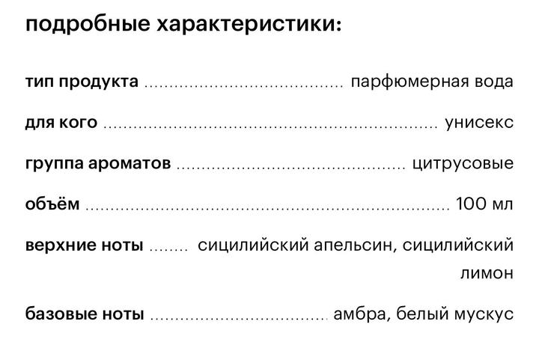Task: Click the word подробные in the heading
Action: click(x=88, y=25)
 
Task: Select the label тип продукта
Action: click(x=82, y=82)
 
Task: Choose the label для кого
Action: click(x=61, y=123)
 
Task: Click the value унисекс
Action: click(x=479, y=122)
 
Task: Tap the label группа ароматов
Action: click(x=98, y=163)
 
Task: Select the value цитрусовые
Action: click(x=463, y=163)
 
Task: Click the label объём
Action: click(x=52, y=204)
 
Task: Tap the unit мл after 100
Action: click(x=502, y=205)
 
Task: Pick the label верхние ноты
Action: click(x=84, y=245)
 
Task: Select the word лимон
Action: click(x=487, y=273)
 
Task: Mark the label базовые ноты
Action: click(x=85, y=314)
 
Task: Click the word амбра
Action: click(x=362, y=314)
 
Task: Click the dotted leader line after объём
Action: click(x=267, y=209)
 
